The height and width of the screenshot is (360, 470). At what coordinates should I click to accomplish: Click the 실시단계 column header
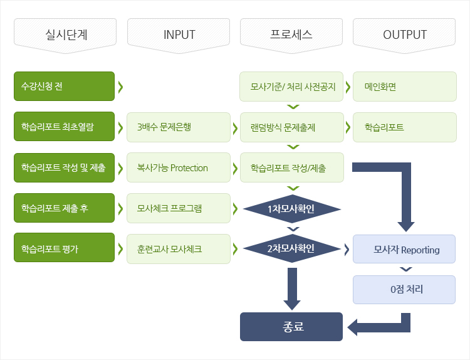click(x=65, y=35)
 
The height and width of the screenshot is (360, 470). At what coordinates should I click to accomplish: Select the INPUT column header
click(x=179, y=35)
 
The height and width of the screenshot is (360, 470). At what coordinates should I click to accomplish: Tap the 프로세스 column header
click(x=291, y=35)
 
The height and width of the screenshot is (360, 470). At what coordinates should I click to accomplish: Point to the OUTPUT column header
click(x=404, y=35)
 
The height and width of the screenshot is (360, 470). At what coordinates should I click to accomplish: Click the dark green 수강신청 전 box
click(x=64, y=86)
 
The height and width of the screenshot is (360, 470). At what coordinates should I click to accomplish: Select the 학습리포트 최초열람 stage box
click(x=64, y=127)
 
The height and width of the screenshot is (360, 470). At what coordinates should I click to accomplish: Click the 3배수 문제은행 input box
click(x=179, y=127)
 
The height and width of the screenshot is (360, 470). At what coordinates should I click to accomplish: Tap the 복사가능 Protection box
click(x=179, y=167)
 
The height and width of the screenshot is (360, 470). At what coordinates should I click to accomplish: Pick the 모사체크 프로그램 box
click(x=179, y=208)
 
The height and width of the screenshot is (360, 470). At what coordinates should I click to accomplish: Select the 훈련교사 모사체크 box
click(x=179, y=249)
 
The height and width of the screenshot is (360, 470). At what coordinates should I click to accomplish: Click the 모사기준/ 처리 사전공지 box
click(x=291, y=87)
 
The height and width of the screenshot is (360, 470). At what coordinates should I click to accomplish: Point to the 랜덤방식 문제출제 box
click(x=292, y=127)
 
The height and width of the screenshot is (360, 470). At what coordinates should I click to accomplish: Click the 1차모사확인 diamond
click(x=292, y=209)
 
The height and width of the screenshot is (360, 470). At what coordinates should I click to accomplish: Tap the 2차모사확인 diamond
click(x=292, y=248)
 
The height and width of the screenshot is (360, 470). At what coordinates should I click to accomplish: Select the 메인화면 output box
click(x=405, y=87)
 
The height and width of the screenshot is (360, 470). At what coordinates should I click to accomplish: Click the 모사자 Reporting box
click(x=404, y=249)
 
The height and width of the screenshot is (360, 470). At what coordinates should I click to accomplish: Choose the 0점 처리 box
click(x=404, y=290)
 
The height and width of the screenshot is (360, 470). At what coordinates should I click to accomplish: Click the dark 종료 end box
click(x=291, y=327)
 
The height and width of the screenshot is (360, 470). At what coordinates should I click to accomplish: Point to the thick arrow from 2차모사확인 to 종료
click(x=292, y=289)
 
